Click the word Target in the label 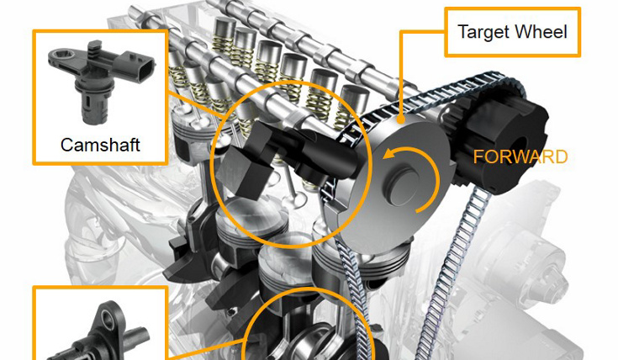pyautogui.click(x=483, y=33)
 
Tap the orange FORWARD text pyautogui.click(x=520, y=157)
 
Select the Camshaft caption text pyautogui.click(x=100, y=145)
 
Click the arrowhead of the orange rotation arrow pyautogui.click(x=388, y=154)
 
